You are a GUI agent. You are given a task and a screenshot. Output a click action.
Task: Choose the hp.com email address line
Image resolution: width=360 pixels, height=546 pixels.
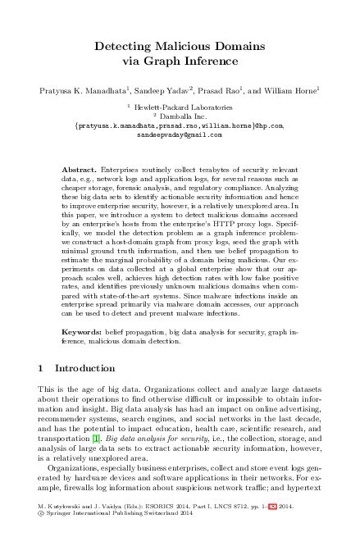[179, 125]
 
